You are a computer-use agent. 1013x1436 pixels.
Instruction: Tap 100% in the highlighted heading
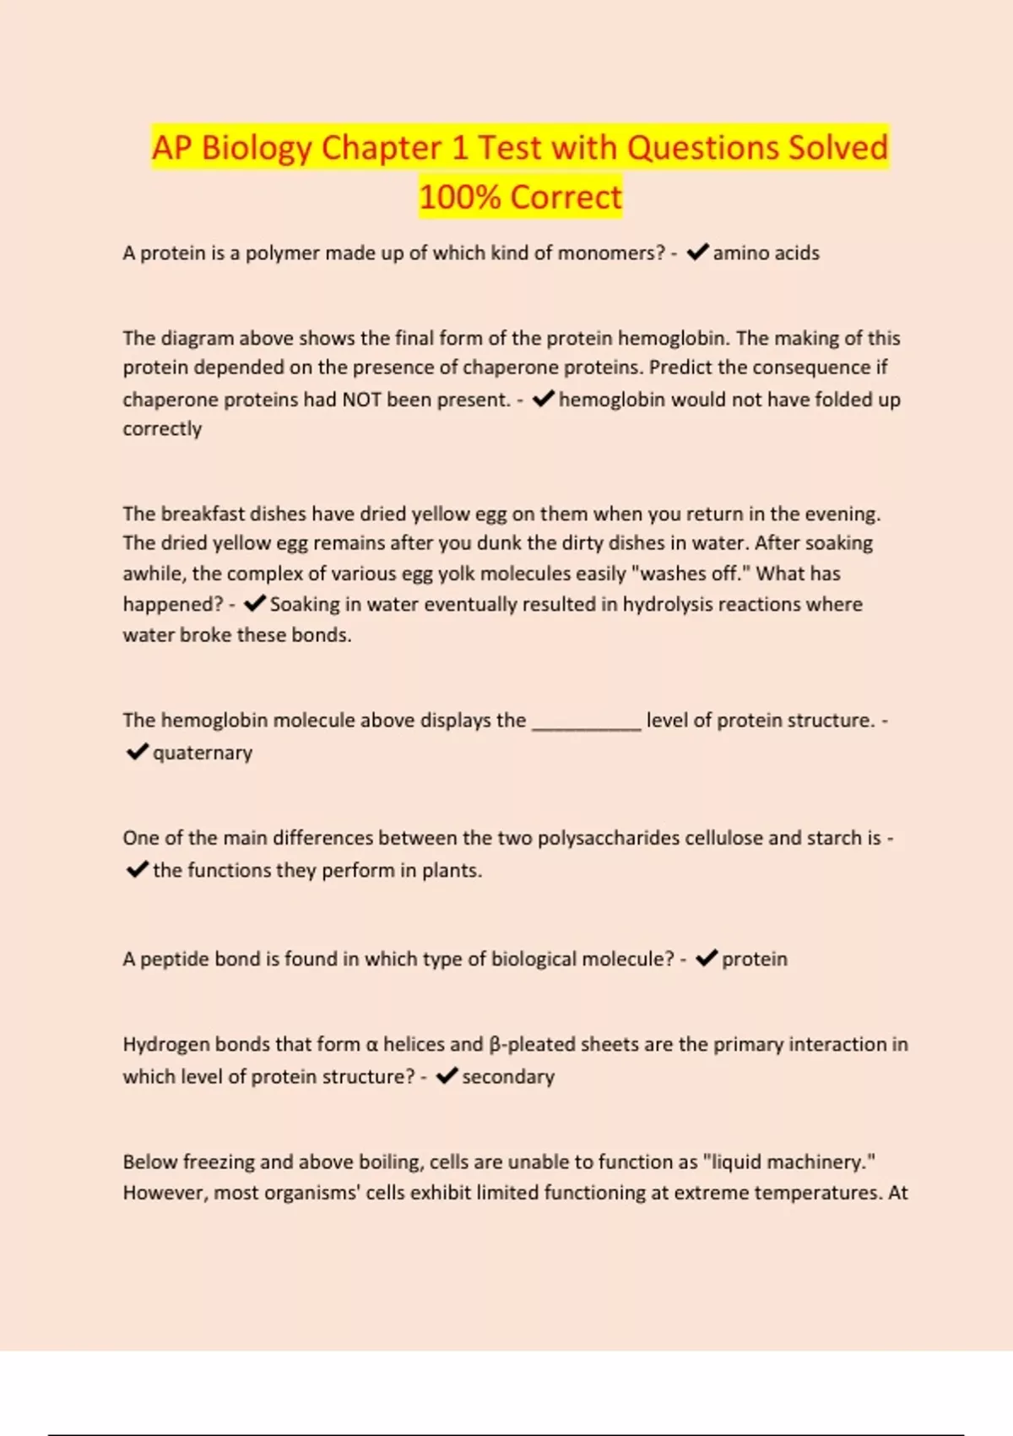[x=460, y=198]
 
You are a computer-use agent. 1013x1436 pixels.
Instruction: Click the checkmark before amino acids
[x=697, y=253]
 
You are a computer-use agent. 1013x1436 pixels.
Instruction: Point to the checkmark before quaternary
[x=137, y=752]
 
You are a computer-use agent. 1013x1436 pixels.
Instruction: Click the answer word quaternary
[x=203, y=753]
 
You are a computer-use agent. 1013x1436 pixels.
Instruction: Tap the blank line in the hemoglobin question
[x=586, y=722]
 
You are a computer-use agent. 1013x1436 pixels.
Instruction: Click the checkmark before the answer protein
[x=707, y=958]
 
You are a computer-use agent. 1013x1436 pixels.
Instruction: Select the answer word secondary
[x=508, y=1076]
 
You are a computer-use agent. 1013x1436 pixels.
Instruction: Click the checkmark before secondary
[x=447, y=1075]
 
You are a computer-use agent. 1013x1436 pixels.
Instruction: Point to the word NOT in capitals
[x=361, y=400]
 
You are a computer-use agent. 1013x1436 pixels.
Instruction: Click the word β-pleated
[x=536, y=1045]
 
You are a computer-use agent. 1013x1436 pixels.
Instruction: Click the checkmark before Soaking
[x=254, y=604]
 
